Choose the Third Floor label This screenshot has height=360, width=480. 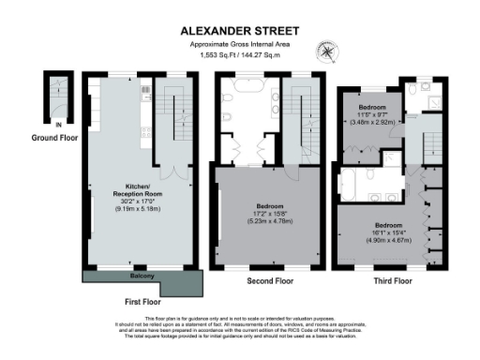click(389, 280)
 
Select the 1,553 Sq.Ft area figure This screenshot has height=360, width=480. click(217, 55)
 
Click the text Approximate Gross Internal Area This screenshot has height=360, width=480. click(239, 44)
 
